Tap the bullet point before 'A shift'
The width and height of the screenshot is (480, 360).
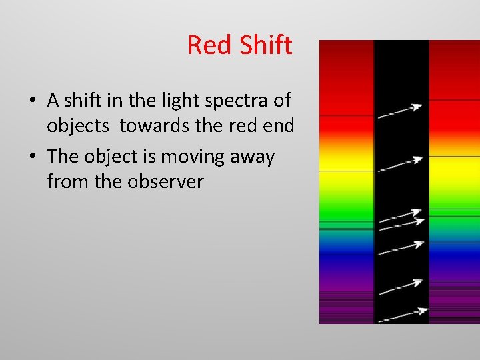click(x=33, y=101)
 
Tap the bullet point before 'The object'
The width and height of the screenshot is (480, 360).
click(x=33, y=157)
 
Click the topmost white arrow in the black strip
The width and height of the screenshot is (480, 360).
click(x=400, y=111)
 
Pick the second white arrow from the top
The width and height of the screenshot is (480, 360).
click(x=400, y=165)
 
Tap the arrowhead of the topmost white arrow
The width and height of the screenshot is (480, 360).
click(x=418, y=106)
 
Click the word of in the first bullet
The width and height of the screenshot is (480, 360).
click(x=282, y=101)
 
